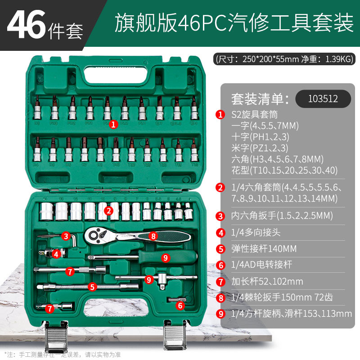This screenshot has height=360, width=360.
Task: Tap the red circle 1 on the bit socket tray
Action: point(113,122)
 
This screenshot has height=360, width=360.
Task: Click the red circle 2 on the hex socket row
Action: point(108,210)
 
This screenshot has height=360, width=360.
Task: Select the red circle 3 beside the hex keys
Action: point(66,236)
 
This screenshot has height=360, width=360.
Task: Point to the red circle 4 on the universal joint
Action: point(56,254)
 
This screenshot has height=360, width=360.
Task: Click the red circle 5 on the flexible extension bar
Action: point(92,286)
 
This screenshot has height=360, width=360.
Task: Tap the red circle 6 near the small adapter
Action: point(180,306)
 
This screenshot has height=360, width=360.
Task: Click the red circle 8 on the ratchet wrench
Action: point(153,235)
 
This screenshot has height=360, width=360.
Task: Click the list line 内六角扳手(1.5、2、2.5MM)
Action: point(281,216)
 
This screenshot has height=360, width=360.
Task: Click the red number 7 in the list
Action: point(220,282)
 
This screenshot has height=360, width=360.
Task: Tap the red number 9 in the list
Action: point(220,314)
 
